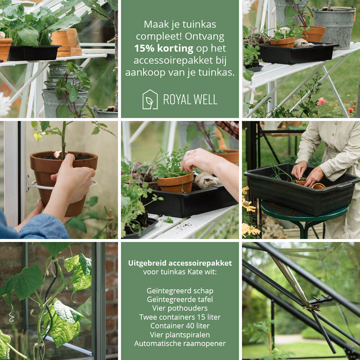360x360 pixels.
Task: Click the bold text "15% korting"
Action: (164, 48)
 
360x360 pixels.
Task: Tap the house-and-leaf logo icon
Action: (150, 99)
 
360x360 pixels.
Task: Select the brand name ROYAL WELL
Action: (190, 100)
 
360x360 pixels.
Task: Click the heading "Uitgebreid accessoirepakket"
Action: (180, 263)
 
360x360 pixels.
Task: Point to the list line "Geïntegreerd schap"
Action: (180, 291)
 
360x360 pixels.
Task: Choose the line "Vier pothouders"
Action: (180, 308)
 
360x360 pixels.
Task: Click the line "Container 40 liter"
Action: (180, 325)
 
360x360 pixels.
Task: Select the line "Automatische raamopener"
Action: (180, 343)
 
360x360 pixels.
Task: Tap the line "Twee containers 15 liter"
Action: (180, 317)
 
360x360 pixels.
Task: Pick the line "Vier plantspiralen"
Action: (180, 335)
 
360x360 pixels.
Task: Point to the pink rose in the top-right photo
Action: (321, 102)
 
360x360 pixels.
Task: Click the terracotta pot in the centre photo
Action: (176, 183)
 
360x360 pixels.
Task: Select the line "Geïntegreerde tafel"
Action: (180, 300)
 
